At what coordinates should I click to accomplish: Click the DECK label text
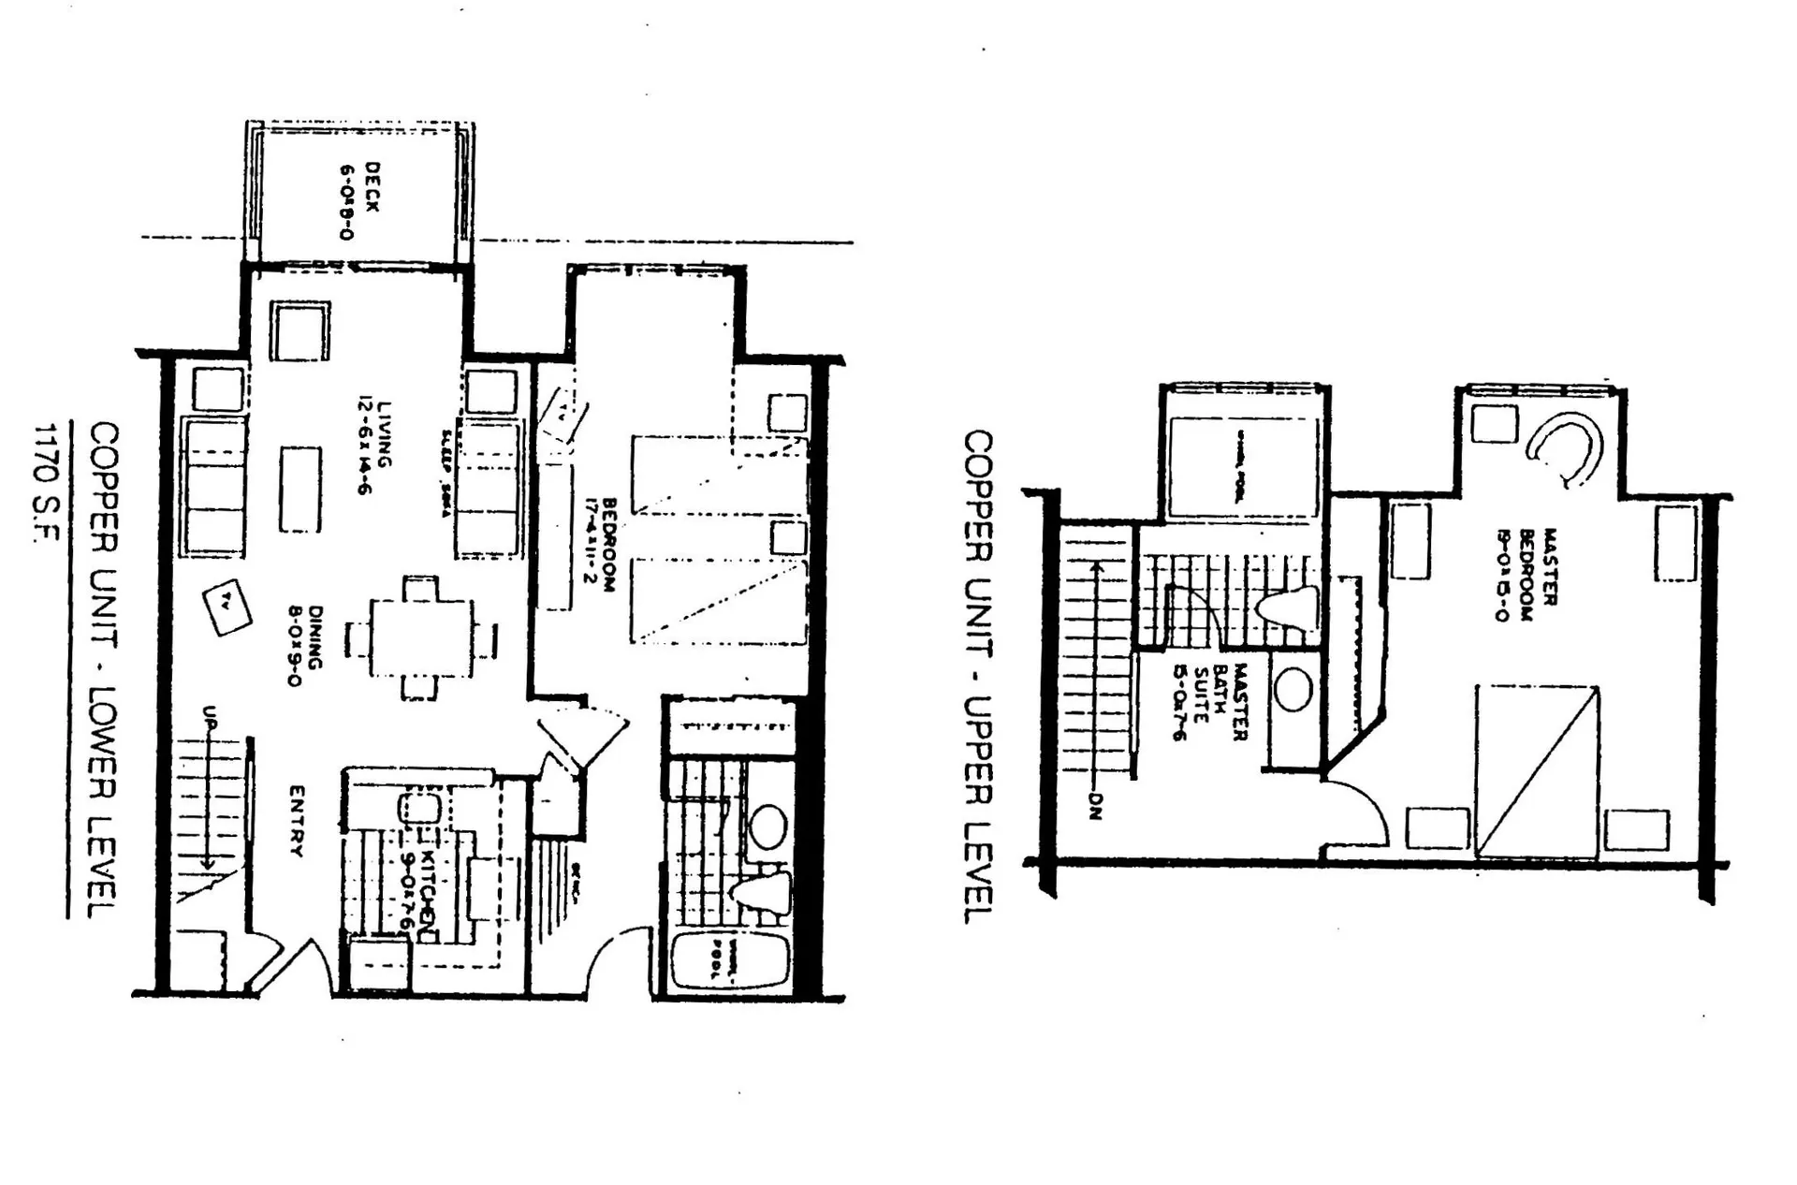[359, 201]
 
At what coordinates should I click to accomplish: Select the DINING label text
[305, 646]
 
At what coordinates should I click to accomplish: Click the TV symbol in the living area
[227, 607]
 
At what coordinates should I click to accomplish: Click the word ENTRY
[296, 821]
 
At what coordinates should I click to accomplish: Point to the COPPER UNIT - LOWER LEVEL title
[103, 669]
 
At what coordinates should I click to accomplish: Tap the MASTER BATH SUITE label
[1208, 702]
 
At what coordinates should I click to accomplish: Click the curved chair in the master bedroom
[1565, 447]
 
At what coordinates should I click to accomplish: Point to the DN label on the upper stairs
[1096, 806]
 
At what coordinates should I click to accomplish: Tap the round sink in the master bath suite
[1293, 690]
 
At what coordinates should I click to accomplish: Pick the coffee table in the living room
[299, 490]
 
